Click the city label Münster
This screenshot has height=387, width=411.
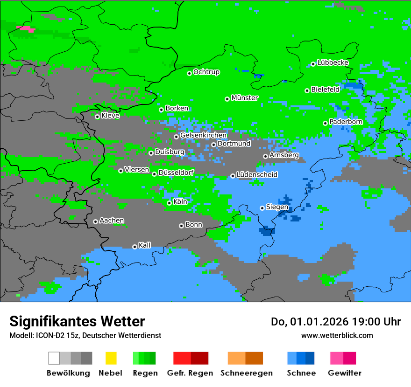point(245,98)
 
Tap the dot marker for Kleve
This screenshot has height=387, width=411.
point(97,117)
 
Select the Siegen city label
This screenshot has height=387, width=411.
point(277,207)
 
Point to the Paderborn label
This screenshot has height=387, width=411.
point(346,122)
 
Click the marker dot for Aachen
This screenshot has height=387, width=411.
point(95,221)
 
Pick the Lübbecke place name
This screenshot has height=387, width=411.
point(333,62)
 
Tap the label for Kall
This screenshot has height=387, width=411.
point(144,245)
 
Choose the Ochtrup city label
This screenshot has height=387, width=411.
point(206,72)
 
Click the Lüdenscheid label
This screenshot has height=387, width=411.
point(257,175)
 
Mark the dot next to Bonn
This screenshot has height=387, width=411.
point(181,226)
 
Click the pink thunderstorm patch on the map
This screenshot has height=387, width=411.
point(26,29)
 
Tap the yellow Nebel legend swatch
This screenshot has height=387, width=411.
point(111,358)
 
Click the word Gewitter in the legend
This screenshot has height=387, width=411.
point(345,373)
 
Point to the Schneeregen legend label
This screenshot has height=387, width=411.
point(246,373)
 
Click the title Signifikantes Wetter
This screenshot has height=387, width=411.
point(77,321)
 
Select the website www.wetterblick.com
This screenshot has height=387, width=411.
point(337,335)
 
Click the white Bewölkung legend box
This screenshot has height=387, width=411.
point(54,358)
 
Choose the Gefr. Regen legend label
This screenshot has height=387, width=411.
point(190,373)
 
